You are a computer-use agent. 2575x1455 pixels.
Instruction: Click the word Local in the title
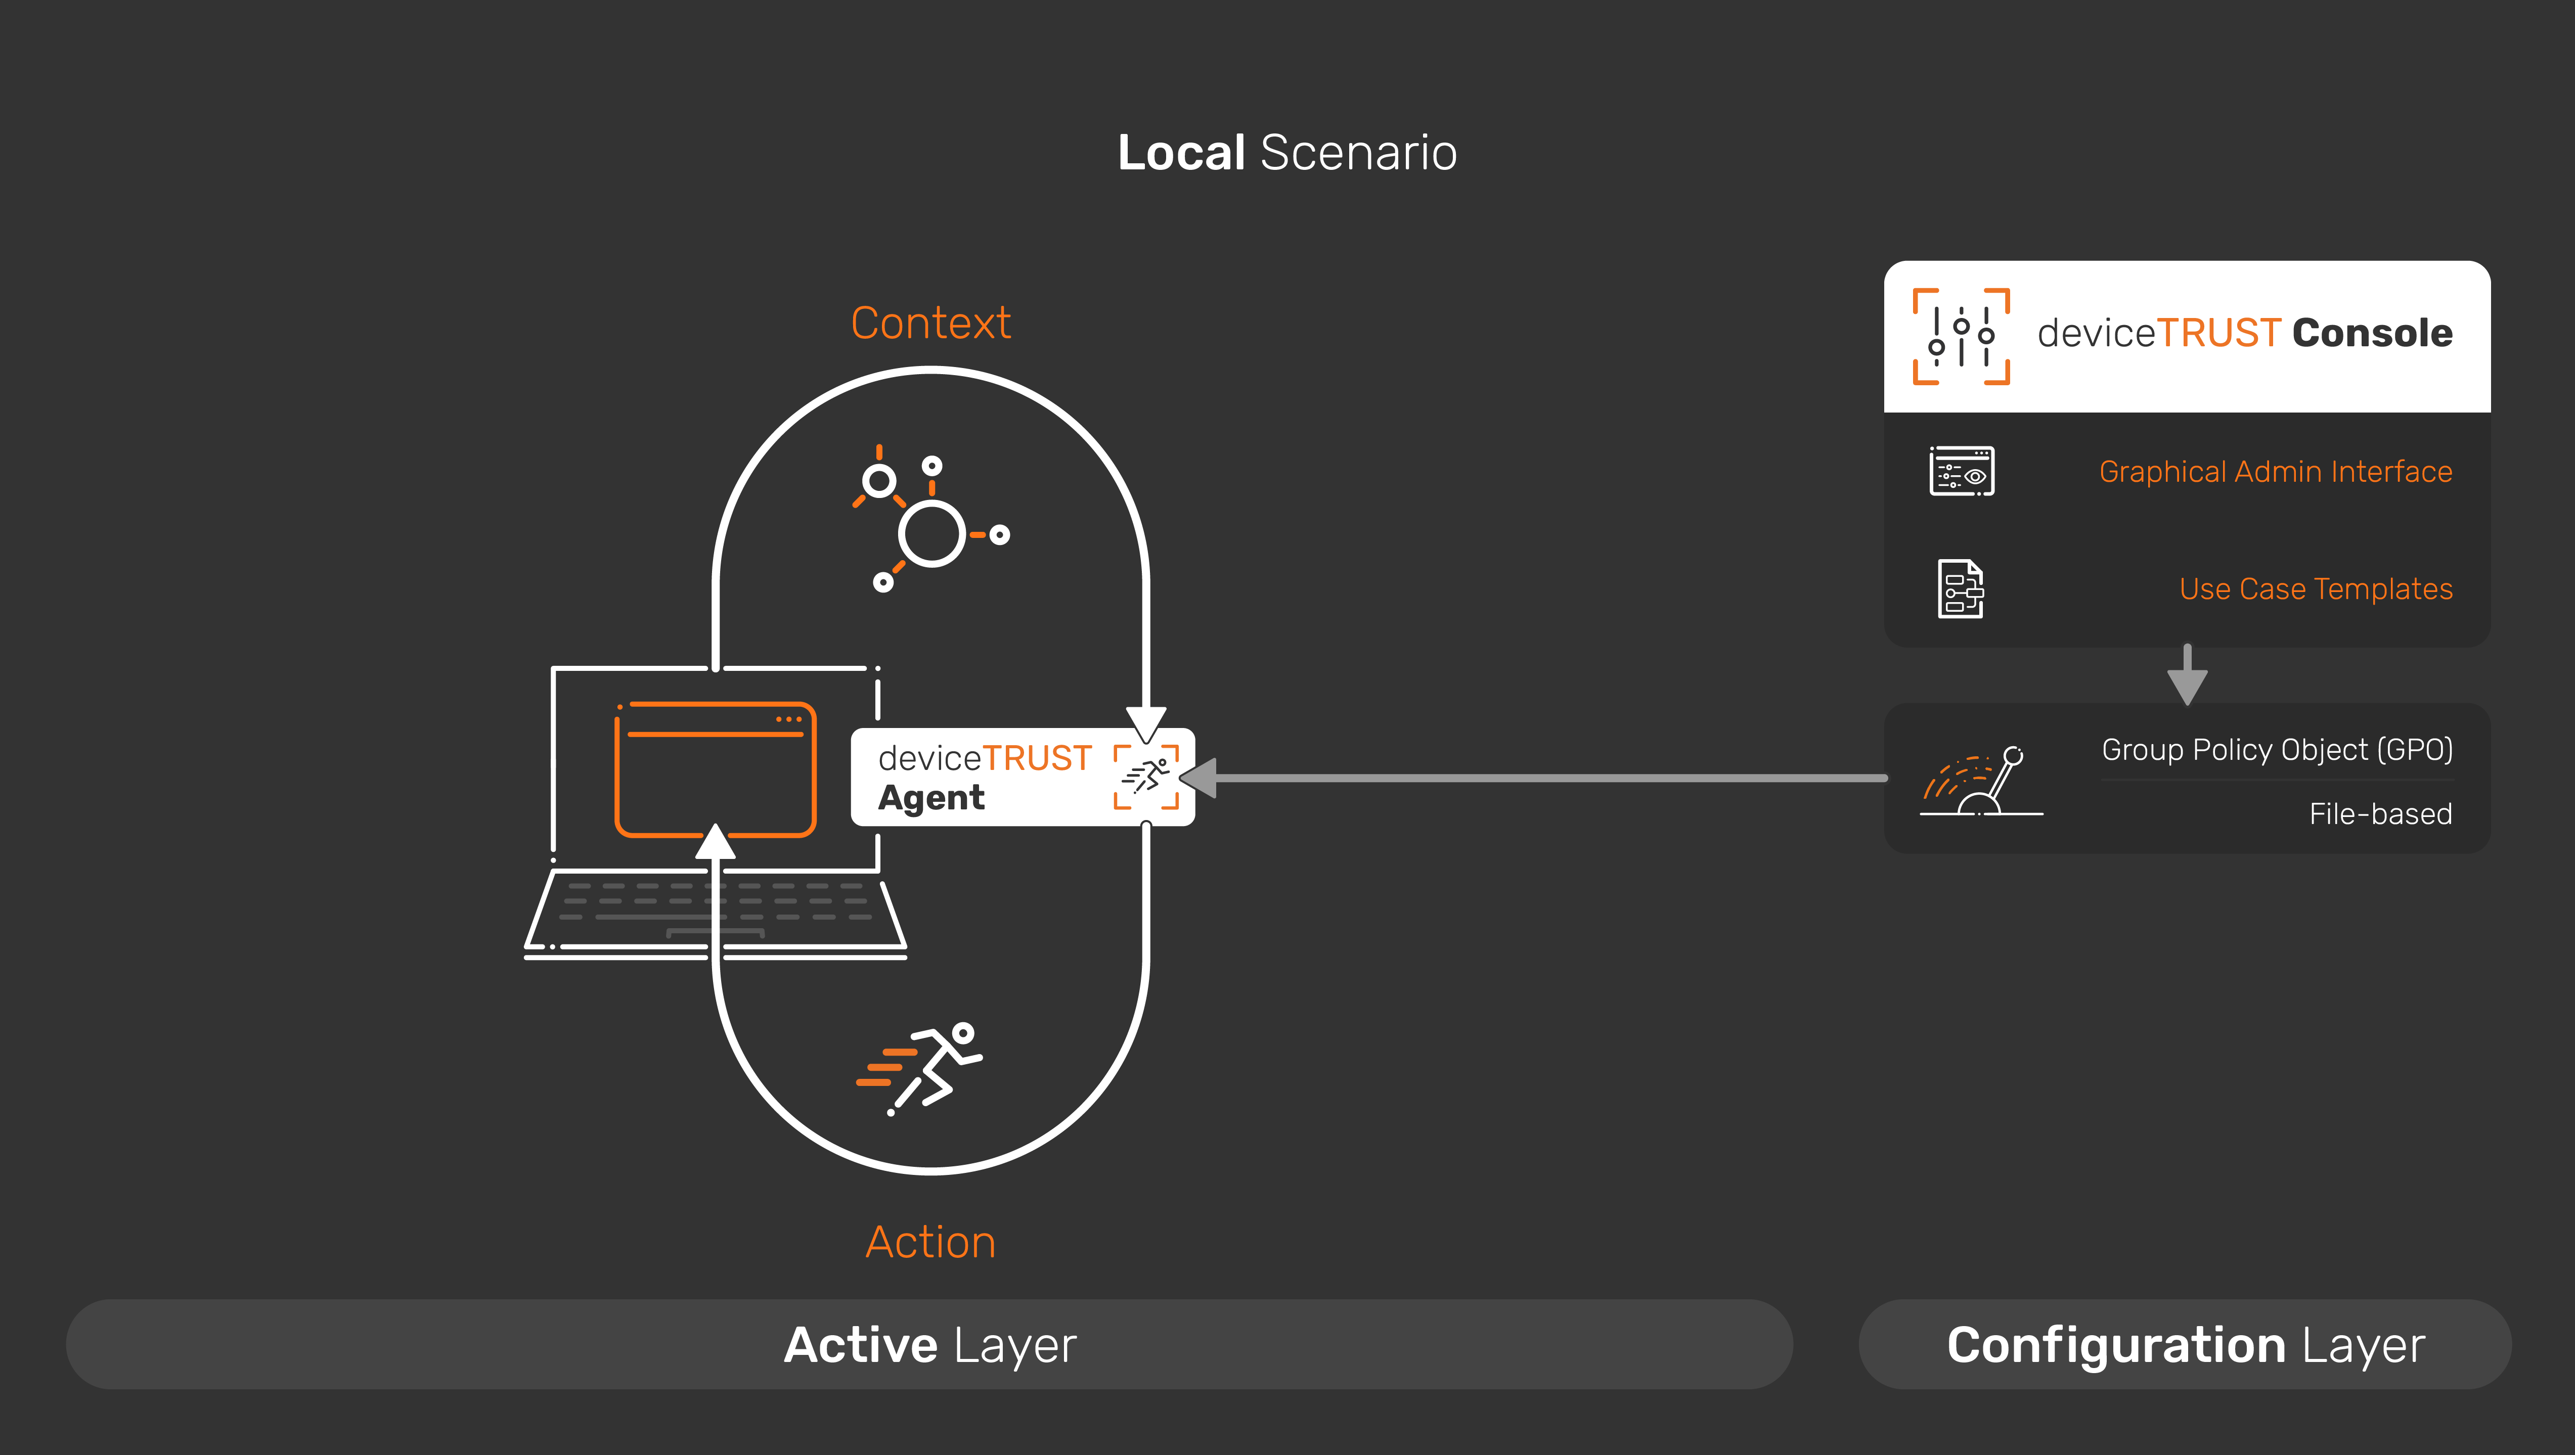coord(1180,153)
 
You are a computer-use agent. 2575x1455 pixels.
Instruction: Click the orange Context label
coord(930,323)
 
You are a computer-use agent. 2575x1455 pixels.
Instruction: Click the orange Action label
coord(930,1242)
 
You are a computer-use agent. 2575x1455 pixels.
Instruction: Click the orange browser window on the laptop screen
coord(715,769)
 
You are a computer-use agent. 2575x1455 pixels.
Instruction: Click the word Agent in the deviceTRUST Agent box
coord(930,798)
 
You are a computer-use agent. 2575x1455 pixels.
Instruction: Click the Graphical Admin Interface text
coord(2275,472)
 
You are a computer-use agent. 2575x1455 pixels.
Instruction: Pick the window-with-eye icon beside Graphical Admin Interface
coord(1961,471)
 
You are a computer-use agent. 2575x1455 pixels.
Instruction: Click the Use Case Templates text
coord(2315,588)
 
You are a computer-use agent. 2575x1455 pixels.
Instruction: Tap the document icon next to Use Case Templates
coord(1960,588)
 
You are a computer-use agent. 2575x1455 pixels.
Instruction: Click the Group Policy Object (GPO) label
coord(2276,749)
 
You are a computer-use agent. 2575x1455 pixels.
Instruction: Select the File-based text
coord(2380,813)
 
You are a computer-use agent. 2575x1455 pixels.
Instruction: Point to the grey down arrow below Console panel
coord(2187,676)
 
